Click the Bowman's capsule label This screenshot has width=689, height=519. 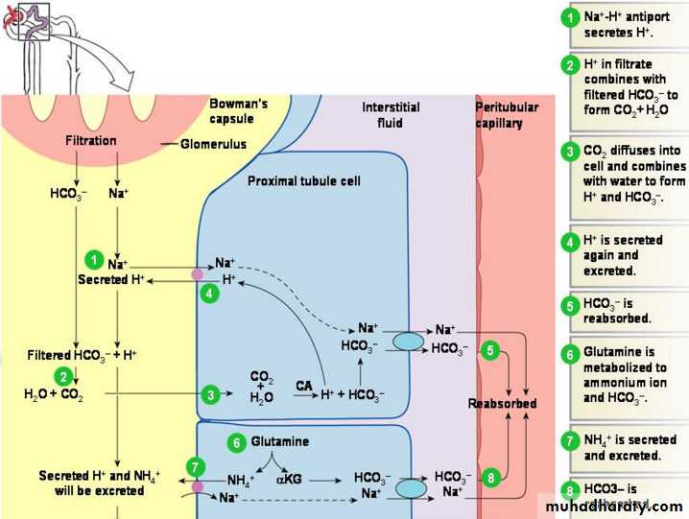click(238, 110)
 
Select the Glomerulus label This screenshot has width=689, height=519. click(213, 144)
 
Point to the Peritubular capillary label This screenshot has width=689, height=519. click(508, 115)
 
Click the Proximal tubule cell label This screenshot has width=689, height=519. click(304, 180)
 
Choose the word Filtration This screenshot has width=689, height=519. click(90, 141)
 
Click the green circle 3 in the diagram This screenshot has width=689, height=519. click(211, 393)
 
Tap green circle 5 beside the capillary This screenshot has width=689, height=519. click(489, 351)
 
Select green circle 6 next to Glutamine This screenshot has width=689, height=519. click(236, 443)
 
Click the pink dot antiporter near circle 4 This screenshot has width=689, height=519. click(198, 274)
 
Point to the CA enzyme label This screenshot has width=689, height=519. click(304, 386)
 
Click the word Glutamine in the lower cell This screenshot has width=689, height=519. click(280, 443)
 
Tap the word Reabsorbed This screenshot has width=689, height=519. click(502, 404)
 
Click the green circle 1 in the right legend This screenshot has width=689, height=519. click(570, 16)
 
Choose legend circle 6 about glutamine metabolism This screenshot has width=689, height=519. click(570, 353)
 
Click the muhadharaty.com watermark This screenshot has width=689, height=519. click(613, 507)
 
